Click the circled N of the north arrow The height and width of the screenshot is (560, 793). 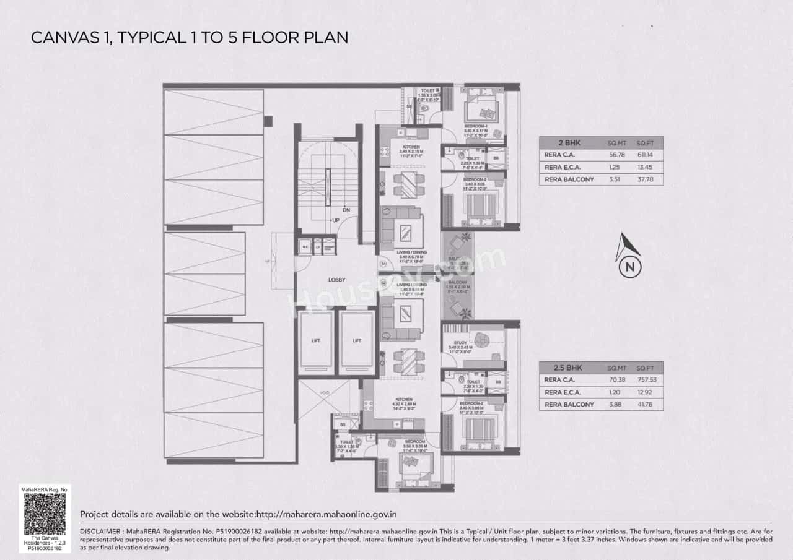point(629,267)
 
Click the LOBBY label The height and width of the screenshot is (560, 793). point(336,280)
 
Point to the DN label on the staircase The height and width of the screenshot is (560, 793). point(346,210)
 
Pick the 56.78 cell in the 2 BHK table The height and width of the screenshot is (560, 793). point(617,155)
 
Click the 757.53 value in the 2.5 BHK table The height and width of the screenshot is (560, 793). point(646,380)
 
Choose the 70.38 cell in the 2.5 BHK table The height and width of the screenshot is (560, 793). point(617,380)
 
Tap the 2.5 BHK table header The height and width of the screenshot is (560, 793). point(555,367)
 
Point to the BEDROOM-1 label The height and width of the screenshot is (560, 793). point(476,126)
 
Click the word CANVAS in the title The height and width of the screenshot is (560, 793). point(64,37)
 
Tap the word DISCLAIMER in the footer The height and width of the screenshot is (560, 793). point(102,532)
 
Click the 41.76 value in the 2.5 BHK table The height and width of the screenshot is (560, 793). point(646,404)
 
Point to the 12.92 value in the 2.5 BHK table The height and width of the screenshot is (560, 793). point(646,392)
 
